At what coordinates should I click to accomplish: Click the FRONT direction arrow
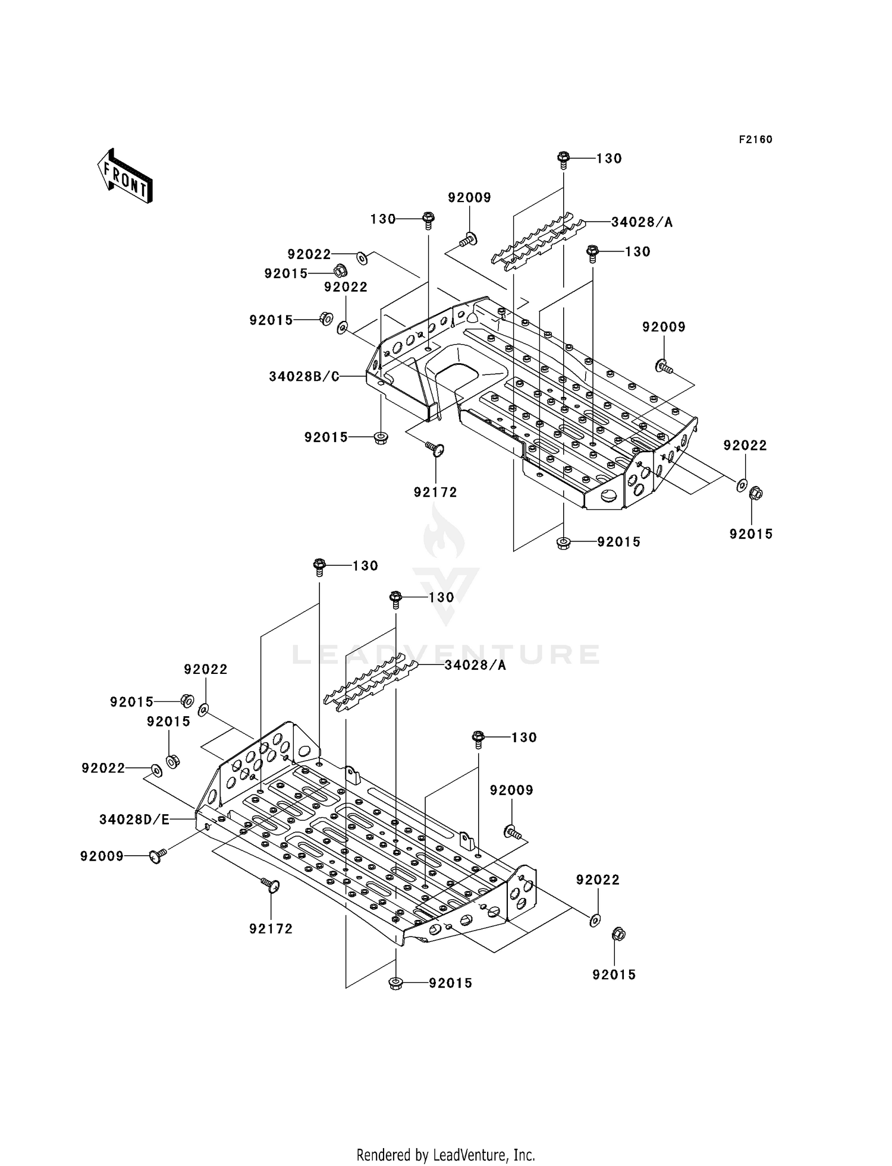(125, 177)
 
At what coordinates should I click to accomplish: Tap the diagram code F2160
(755, 140)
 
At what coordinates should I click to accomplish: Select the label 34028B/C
(303, 376)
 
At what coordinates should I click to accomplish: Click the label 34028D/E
(134, 820)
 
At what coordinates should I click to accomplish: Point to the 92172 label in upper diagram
(435, 492)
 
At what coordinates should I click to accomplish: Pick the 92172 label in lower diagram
(271, 929)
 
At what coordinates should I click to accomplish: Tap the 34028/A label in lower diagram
(475, 665)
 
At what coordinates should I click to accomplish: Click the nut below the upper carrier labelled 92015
(563, 542)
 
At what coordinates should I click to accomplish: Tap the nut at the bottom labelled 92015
(395, 984)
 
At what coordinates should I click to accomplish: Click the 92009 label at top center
(469, 198)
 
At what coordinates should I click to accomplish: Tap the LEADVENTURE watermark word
(445, 654)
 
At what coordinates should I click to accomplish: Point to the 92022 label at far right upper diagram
(745, 446)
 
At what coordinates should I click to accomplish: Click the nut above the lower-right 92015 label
(617, 935)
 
